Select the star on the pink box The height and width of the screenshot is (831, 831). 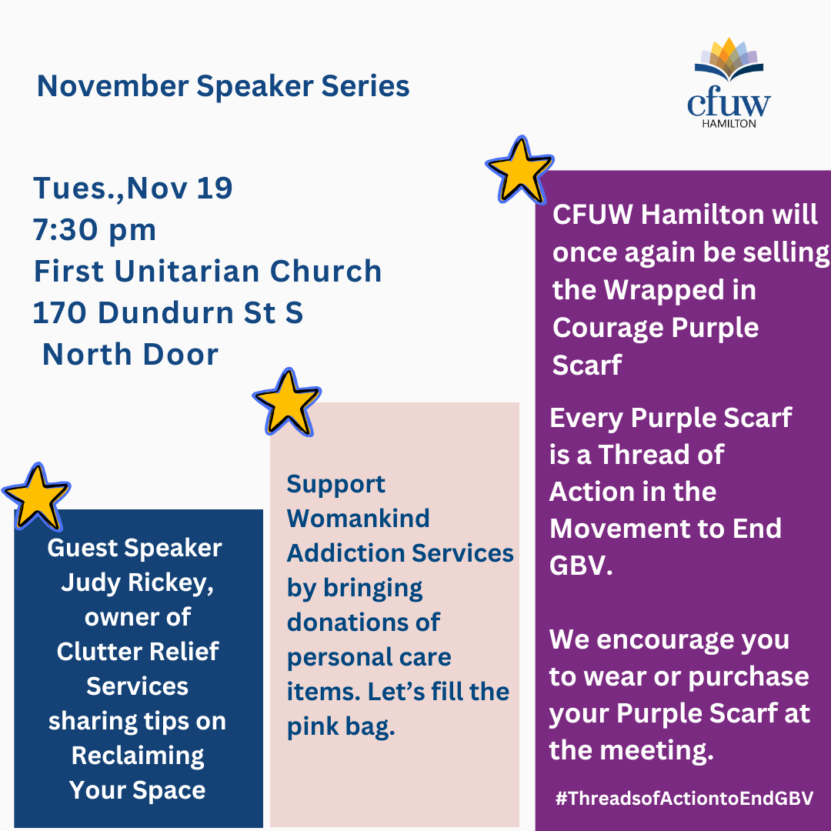[x=287, y=402]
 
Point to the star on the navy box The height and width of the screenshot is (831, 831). [x=36, y=497]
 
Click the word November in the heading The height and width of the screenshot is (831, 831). [x=113, y=86]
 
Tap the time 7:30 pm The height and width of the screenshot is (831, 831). [x=95, y=230]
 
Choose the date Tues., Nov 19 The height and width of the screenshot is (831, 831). [x=132, y=189]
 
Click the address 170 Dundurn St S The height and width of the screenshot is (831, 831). [x=168, y=312]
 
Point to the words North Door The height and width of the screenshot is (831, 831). [x=130, y=354]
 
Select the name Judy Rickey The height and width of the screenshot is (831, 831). [x=137, y=583]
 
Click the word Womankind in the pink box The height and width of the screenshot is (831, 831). [x=359, y=519]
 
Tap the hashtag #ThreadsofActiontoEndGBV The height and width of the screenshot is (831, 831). [x=684, y=799]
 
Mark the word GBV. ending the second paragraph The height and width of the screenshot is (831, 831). [x=581, y=566]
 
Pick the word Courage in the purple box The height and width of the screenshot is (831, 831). [x=608, y=328]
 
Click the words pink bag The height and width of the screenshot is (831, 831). [x=341, y=727]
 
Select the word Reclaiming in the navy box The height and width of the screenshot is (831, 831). [x=138, y=756]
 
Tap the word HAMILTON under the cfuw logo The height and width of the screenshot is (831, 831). [x=729, y=123]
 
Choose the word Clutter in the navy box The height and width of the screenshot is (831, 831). [x=93, y=652]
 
